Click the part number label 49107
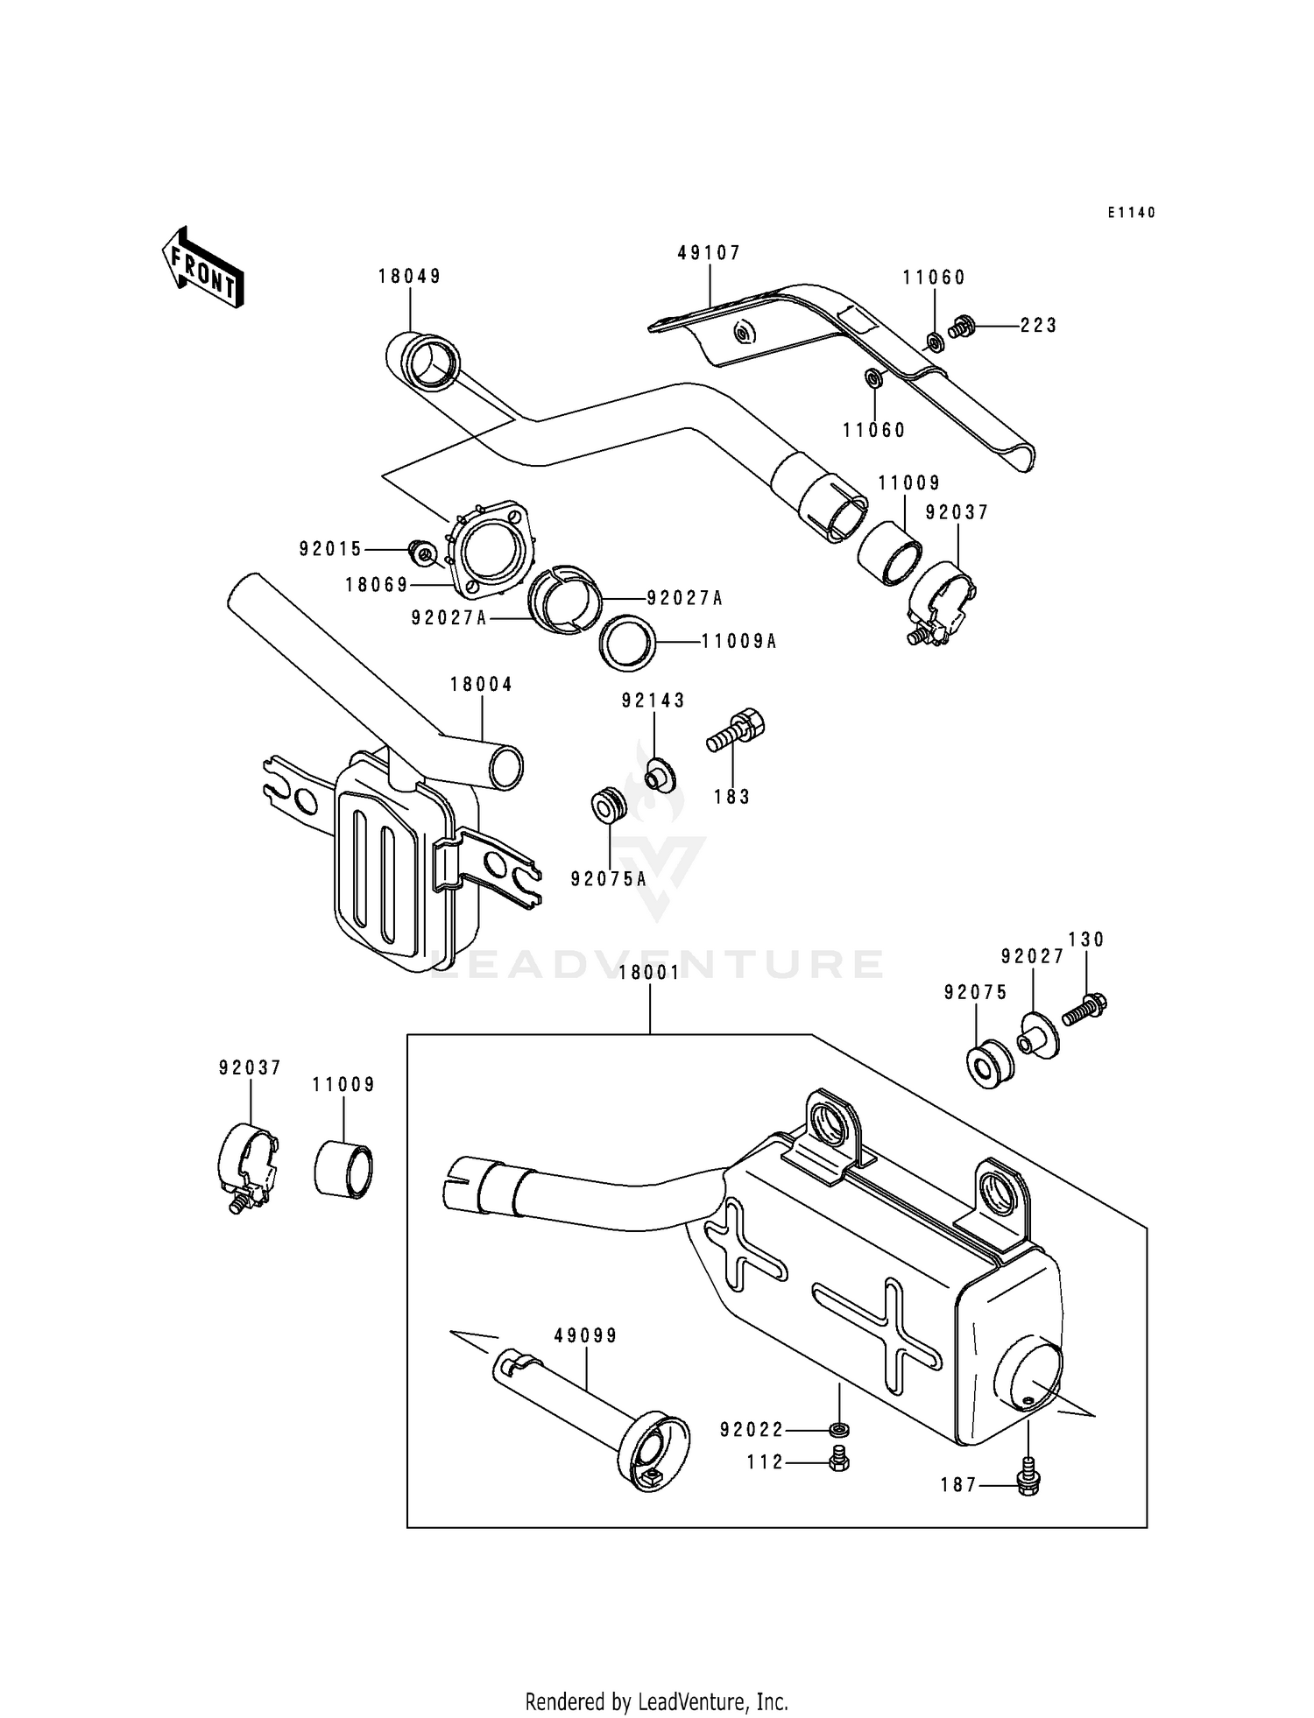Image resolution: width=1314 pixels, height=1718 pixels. (709, 253)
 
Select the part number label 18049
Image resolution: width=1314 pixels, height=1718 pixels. (409, 277)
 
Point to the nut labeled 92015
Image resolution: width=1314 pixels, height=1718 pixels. (423, 552)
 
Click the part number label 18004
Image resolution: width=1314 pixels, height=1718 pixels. (481, 685)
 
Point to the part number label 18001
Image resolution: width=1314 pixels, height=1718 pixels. (649, 974)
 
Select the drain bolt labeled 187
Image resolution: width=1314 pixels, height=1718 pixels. (1028, 1481)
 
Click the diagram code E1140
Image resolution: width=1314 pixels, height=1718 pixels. (1131, 213)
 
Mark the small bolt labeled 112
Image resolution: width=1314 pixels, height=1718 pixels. (838, 1460)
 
